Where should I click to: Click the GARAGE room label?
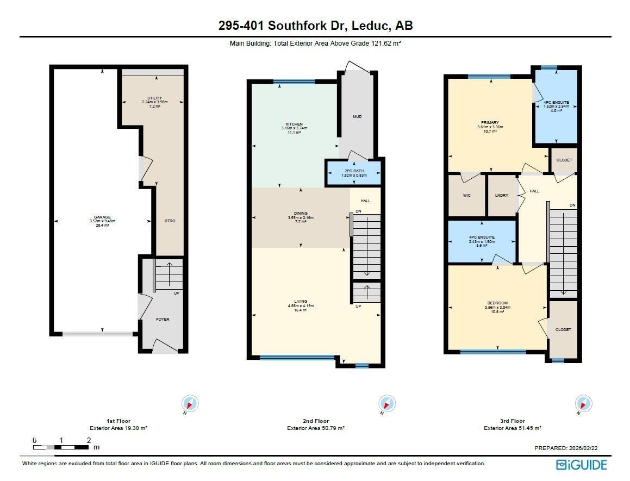tap(102, 217)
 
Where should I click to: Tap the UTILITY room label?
tap(154, 98)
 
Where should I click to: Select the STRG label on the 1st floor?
tap(170, 221)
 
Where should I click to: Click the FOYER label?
tap(163, 319)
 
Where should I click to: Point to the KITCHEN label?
tap(294, 124)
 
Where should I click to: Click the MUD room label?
tap(357, 117)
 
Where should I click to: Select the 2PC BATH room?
tap(354, 172)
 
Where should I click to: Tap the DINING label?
tap(301, 214)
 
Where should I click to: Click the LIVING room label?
tap(301, 302)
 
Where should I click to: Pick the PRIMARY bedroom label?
tap(490, 123)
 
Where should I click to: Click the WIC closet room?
tap(466, 195)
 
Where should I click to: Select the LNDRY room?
tap(501, 195)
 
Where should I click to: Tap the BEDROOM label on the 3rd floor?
tap(497, 303)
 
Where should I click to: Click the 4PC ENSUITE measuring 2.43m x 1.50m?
tap(482, 238)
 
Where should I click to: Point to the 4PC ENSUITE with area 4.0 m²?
tap(556, 103)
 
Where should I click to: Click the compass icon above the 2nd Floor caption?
tap(386, 404)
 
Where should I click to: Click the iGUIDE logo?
tap(581, 465)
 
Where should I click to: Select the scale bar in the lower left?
tap(61, 447)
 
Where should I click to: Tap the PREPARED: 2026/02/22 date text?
tap(566, 448)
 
